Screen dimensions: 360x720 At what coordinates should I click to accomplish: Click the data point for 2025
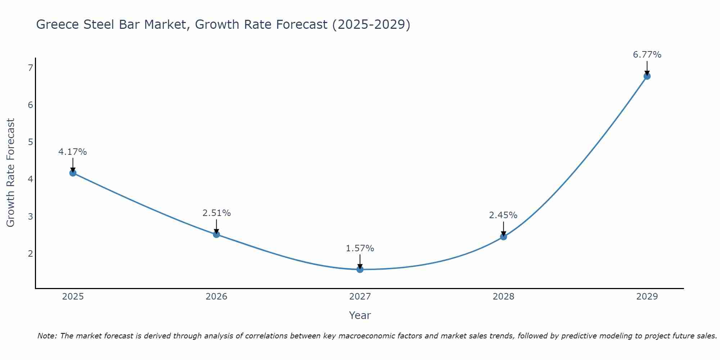73,173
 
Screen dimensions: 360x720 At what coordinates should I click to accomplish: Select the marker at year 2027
360,269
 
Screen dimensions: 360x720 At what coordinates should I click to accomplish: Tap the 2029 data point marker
647,76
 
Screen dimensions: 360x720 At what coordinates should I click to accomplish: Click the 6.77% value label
647,55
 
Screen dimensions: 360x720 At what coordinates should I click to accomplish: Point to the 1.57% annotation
360,248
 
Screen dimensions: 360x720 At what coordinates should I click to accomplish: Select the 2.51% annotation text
216,213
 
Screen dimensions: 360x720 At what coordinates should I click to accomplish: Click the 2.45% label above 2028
503,215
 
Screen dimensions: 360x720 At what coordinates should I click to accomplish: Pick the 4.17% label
73,152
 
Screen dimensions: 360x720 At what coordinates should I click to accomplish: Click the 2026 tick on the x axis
216,297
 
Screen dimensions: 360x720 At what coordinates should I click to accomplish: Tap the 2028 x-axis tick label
503,297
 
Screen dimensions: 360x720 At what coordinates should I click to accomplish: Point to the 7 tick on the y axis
30,68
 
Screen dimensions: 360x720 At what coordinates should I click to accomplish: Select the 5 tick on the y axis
30,142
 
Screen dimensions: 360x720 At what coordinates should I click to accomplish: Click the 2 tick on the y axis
30,253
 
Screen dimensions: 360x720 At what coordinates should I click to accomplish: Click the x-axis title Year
360,315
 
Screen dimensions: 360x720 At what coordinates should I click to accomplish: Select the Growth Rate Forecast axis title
11,173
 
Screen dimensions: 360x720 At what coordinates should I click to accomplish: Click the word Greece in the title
58,24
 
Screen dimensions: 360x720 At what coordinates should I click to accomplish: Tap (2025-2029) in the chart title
371,24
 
